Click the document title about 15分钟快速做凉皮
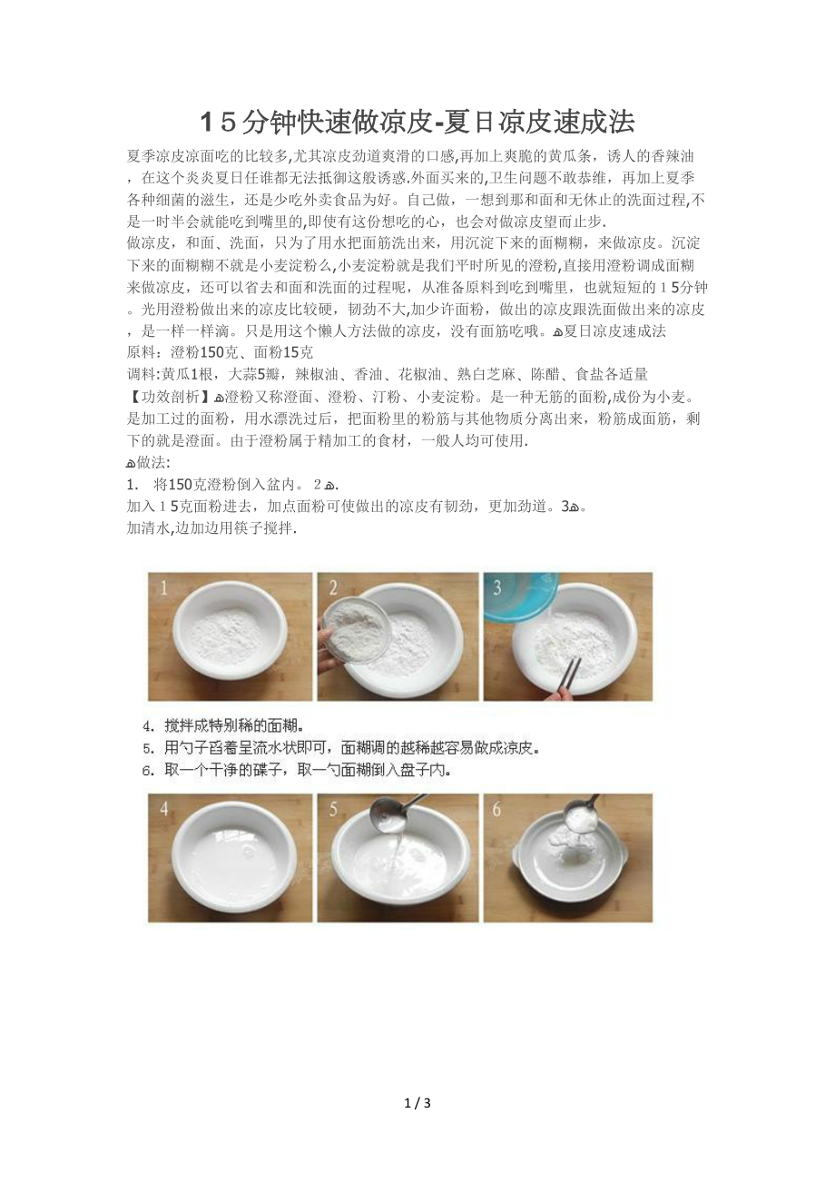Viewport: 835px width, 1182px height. click(x=417, y=122)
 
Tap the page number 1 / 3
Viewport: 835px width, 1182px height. click(x=417, y=1104)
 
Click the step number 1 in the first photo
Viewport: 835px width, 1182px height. click(x=164, y=589)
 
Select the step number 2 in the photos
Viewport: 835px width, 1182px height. click(x=333, y=589)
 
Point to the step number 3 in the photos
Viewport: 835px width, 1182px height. click(x=497, y=588)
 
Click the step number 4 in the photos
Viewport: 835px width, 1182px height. click(x=164, y=809)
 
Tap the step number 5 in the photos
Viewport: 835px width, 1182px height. click(x=333, y=809)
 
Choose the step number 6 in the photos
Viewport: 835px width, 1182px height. click(x=497, y=809)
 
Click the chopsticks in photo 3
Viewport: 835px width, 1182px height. click(x=569, y=673)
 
